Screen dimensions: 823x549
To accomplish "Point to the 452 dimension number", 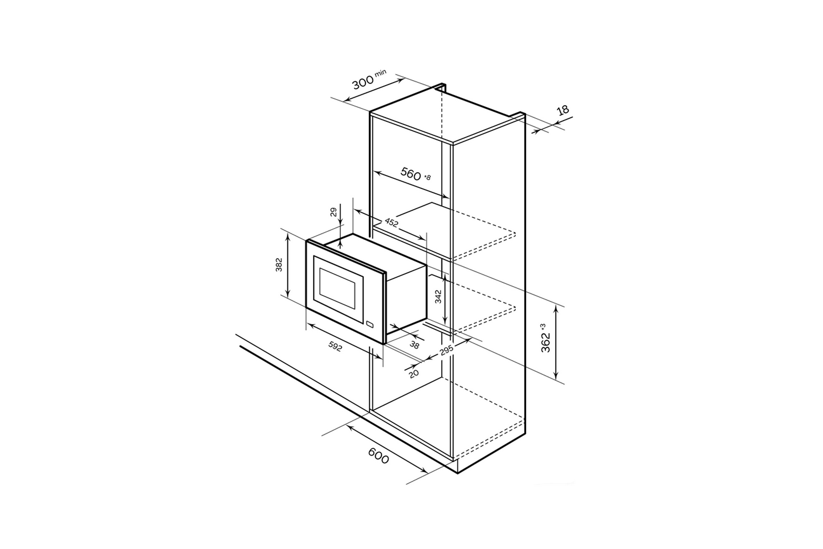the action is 391,223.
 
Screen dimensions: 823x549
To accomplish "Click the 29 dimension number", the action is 334,212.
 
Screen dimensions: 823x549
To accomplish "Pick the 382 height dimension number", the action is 279,265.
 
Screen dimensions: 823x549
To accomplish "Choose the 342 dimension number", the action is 438,297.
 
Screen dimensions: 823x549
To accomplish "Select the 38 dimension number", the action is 414,345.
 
